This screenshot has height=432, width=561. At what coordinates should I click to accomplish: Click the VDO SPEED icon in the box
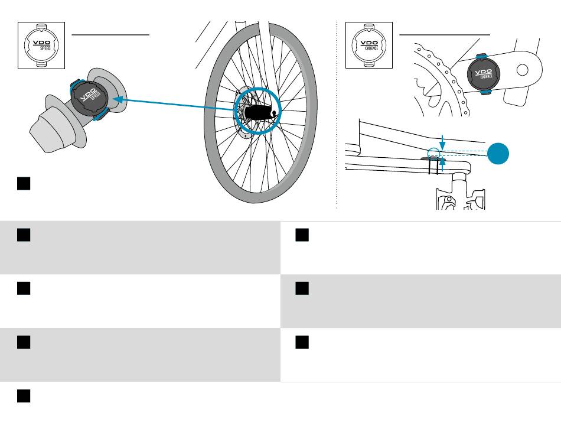41,45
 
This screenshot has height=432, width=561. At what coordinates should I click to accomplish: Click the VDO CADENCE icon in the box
369,45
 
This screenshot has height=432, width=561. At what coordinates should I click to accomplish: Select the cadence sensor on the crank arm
484,74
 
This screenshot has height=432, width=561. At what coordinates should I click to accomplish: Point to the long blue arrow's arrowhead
119,99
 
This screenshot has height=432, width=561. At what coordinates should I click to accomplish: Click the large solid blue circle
498,154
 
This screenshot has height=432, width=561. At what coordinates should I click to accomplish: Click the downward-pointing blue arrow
442,143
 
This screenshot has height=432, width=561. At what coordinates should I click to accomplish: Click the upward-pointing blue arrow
442,164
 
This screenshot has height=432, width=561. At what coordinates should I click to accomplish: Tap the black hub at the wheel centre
260,113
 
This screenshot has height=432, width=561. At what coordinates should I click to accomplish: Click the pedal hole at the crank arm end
523,70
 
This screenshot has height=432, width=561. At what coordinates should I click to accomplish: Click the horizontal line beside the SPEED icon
110,35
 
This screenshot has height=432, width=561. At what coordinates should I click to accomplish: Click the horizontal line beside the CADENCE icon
444,35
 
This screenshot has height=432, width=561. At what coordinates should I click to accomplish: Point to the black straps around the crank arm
433,166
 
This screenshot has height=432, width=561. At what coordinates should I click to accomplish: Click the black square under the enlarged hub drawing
24,183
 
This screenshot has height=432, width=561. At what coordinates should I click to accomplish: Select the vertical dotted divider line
337,115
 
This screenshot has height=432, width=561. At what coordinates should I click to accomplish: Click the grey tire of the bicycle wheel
208,118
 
